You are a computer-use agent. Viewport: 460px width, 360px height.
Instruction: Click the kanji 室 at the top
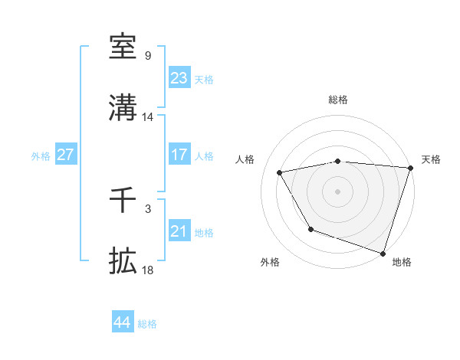pos(123,47)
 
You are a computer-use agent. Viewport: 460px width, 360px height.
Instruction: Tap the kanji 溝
pos(123,108)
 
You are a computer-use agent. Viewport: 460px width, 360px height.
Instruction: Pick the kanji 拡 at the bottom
pos(123,261)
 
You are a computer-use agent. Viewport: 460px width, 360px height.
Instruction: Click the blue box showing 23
pos(179,77)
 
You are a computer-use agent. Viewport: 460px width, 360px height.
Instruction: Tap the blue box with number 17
pos(179,155)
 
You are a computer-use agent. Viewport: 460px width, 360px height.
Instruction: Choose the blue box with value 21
pos(179,231)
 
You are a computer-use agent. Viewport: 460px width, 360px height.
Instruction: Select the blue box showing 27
pos(65,155)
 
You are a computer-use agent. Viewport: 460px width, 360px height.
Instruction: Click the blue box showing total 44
pos(122,322)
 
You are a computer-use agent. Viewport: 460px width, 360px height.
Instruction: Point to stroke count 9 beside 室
pos(147,56)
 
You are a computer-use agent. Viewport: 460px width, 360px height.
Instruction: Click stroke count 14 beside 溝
pos(147,117)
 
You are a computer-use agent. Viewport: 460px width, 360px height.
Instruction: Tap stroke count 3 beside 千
pos(147,208)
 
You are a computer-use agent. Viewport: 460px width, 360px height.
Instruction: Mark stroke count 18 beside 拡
pos(147,270)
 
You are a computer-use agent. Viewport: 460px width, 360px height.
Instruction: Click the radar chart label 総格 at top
pos(337,100)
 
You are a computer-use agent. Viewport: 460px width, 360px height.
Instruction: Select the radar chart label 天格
pos(431,159)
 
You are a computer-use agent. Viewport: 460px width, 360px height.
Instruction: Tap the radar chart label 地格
pos(402,262)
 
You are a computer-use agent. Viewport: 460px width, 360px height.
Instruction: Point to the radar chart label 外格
pos(270,262)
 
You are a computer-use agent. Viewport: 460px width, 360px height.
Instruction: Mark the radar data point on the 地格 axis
pos(382,253)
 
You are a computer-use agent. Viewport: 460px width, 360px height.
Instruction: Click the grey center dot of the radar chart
pos(337,191)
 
